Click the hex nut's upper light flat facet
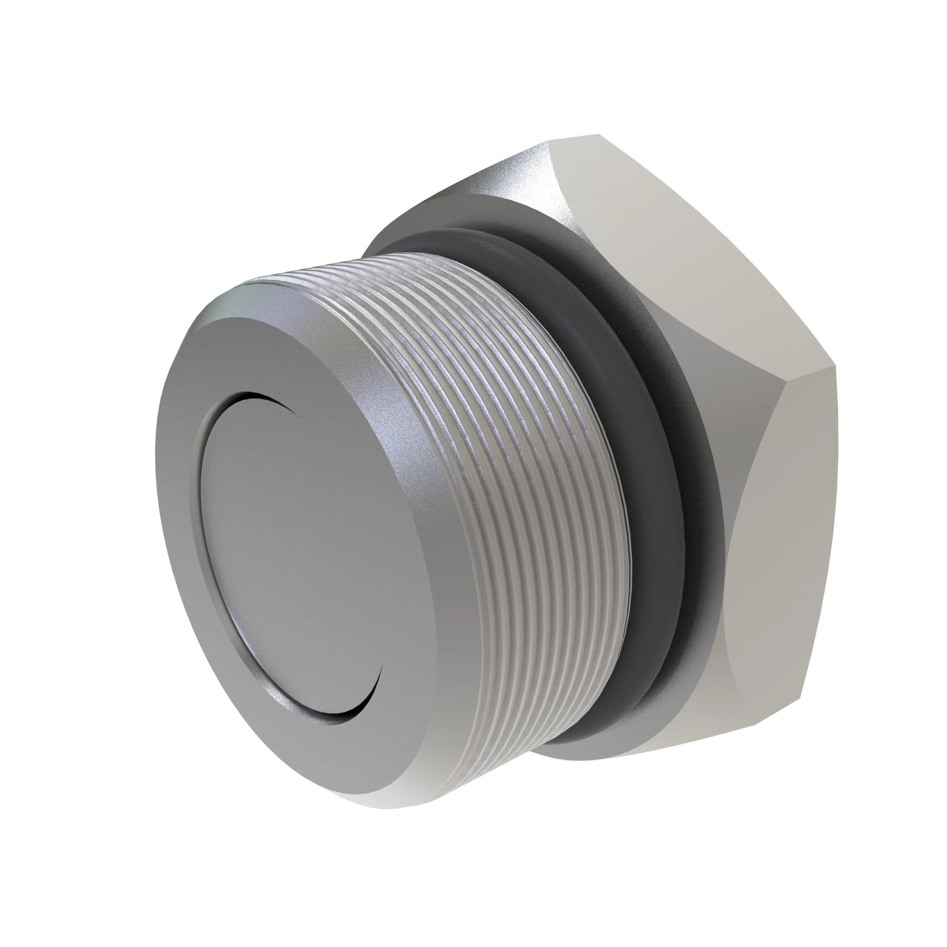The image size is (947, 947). [662, 235]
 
